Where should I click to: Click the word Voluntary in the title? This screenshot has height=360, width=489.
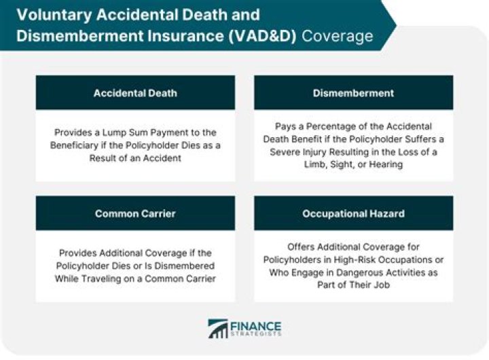click(x=45, y=14)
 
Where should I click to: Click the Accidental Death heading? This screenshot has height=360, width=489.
click(x=135, y=92)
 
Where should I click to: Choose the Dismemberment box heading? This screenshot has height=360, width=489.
click(x=353, y=92)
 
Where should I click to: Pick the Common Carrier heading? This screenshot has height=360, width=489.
click(x=135, y=213)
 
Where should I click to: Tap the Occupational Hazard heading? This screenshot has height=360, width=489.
click(x=353, y=213)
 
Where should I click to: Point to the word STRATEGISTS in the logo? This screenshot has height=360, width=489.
click(x=258, y=334)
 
